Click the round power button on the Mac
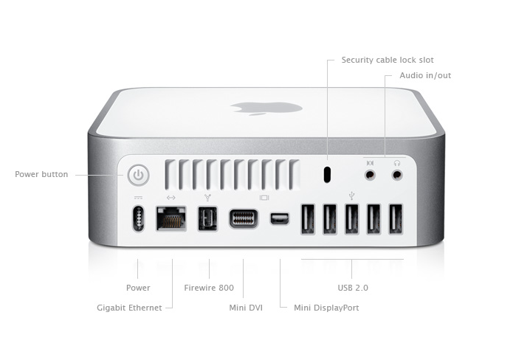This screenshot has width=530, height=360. pos(138,176)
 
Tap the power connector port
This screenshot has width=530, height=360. pos(138,218)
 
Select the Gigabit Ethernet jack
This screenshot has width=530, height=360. pos(171,218)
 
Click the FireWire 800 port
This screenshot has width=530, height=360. pos(207,219)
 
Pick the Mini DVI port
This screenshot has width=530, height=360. pos(244,218)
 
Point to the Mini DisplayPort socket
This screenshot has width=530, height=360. pos(280,218)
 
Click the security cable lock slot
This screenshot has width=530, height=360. pos(327,175)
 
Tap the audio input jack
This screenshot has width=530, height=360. pos(370,176)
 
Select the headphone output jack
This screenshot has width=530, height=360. pos(397,176)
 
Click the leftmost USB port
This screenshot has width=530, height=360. pos(308,219)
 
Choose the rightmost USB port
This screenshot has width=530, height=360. pos(396,219)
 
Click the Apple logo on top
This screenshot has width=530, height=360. pos(266,108)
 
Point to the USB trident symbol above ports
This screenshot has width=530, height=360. pos(352,195)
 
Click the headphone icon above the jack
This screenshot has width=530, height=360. pos(397,163)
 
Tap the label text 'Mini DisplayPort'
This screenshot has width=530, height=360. pos(326,308)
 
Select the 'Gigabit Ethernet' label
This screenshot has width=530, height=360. pos(129,308)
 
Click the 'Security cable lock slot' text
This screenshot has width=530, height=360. pos(388,60)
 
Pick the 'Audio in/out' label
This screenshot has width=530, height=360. pos(425,75)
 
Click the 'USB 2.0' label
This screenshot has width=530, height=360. pos(353,288)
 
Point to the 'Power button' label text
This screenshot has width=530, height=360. pos(41,174)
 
